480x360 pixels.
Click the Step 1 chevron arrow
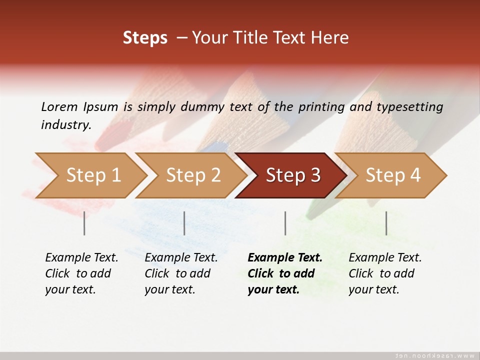(90, 175)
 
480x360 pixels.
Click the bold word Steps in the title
(145, 38)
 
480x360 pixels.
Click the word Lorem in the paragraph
(59, 106)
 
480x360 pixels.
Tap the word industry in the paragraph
(65, 125)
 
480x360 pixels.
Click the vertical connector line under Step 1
(84, 223)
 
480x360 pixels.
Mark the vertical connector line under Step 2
(184, 223)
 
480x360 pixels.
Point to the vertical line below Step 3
(285, 223)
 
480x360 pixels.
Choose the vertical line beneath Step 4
(386, 223)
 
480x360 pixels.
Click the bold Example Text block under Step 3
(284, 273)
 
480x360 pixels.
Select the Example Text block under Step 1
(81, 273)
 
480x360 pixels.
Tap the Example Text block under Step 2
(181, 273)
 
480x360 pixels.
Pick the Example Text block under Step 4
(385, 273)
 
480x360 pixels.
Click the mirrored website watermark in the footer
(434, 355)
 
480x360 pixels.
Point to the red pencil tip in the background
(117, 131)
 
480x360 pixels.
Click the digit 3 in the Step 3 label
(315, 175)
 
